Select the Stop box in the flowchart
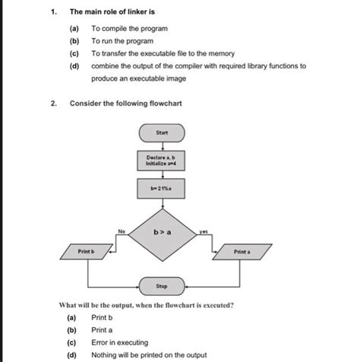point(162,286)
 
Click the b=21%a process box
point(162,187)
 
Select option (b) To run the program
point(122,41)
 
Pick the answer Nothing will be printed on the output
point(147,354)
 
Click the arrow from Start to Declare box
point(162,145)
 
